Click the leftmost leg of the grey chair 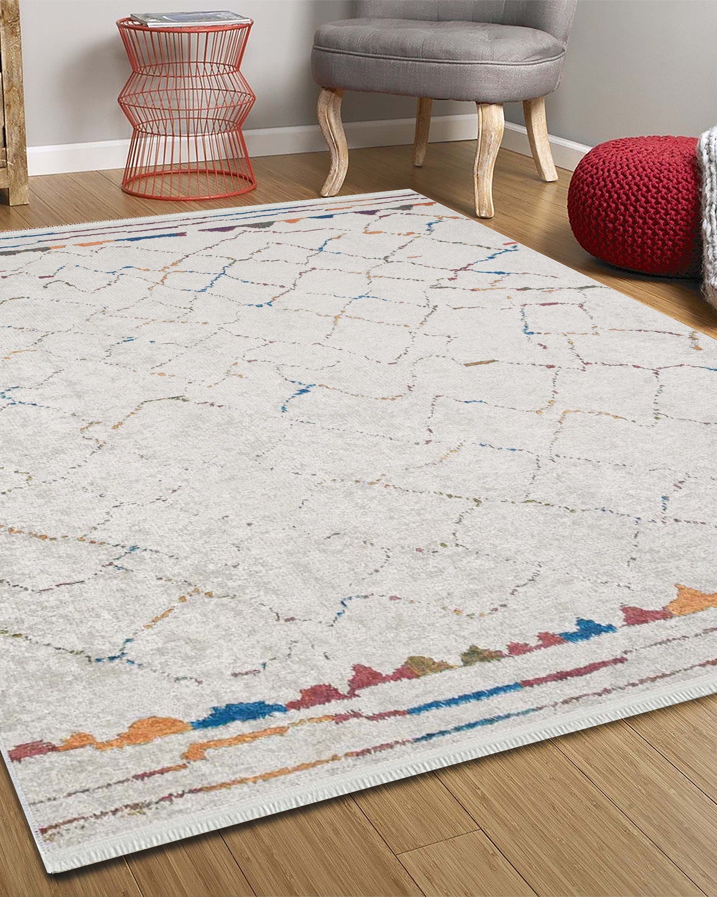332,141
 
